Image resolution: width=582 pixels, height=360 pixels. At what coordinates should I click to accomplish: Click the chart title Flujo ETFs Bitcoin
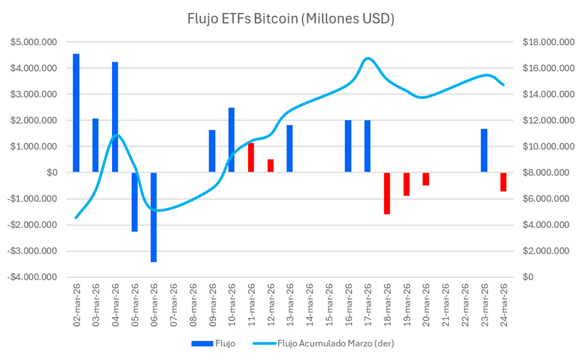pyautogui.click(x=291, y=20)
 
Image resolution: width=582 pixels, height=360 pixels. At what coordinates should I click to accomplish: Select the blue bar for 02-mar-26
pyautogui.click(x=76, y=113)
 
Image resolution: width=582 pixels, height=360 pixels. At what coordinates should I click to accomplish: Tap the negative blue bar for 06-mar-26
pyautogui.click(x=154, y=217)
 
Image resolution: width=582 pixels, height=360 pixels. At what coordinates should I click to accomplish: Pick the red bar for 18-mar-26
pyautogui.click(x=387, y=193)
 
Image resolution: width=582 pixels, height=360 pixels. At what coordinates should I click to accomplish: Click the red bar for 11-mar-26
pyautogui.click(x=251, y=157)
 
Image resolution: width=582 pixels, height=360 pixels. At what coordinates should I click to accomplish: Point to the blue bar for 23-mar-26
pyautogui.click(x=484, y=150)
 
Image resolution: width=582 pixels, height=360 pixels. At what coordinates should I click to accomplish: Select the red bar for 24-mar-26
pyautogui.click(x=503, y=182)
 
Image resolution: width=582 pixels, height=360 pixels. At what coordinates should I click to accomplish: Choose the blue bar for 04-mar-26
pyautogui.click(x=115, y=117)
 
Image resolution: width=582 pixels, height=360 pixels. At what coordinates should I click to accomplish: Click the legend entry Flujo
pyautogui.click(x=214, y=343)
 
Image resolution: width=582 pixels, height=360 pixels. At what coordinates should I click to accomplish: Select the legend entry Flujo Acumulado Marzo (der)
pyautogui.click(x=323, y=343)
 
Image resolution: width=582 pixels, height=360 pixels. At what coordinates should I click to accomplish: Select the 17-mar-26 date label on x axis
pyautogui.click(x=367, y=304)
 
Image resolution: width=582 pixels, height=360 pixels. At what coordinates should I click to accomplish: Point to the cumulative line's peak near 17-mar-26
pyautogui.click(x=368, y=58)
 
